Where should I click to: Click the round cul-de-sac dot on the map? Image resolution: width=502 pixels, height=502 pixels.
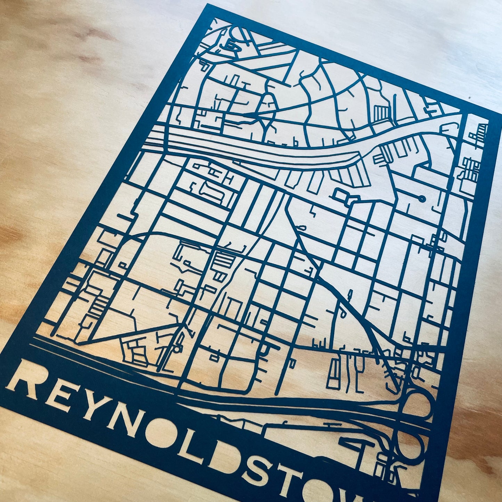point(422,199)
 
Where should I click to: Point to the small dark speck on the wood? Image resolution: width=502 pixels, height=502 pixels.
point(469,98)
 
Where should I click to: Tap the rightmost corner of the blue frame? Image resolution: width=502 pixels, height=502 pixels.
point(500,115)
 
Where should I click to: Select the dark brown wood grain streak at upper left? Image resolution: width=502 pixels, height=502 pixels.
point(90,35)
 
